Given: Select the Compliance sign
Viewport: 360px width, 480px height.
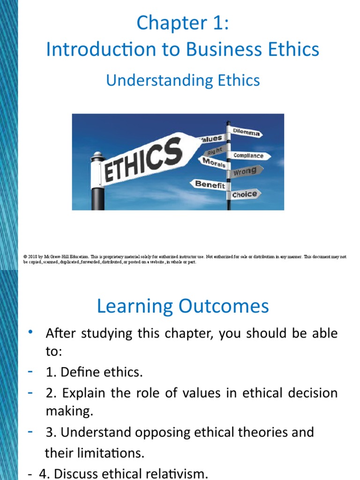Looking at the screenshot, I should (x=248, y=156).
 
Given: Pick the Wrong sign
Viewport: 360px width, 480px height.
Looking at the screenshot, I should (x=245, y=172).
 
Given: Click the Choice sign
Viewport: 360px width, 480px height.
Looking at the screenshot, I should (x=245, y=194).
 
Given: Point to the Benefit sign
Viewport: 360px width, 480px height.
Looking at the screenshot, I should (x=209, y=184).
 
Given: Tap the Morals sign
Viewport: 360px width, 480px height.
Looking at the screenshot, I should (x=214, y=163).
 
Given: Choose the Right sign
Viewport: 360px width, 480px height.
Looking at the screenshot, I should (x=216, y=151).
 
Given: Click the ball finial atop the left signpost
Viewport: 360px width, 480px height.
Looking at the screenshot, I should (x=97, y=155).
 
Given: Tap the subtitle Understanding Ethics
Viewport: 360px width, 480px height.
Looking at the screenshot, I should (x=183, y=80).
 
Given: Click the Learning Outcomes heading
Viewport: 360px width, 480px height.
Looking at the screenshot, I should (x=183, y=306).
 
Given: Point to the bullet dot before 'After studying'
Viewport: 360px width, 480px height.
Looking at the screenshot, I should (x=30, y=332).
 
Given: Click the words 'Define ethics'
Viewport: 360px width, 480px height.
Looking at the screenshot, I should (x=99, y=373).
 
